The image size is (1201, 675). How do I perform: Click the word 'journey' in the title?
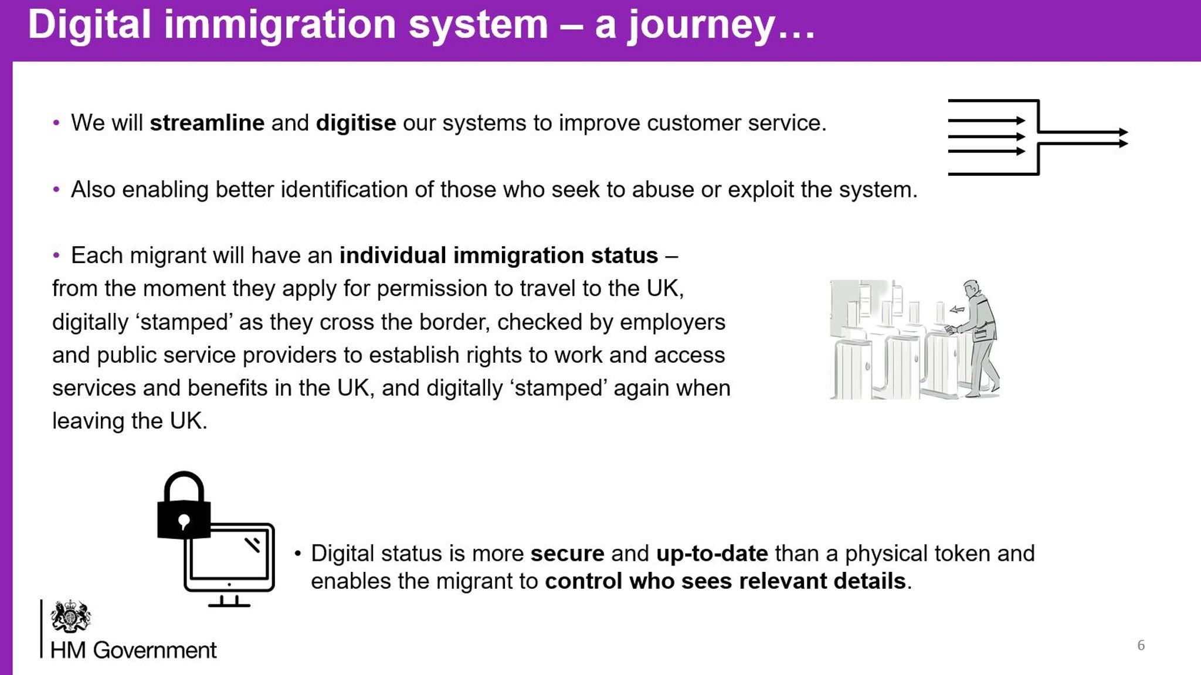701,26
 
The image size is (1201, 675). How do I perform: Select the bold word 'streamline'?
207,123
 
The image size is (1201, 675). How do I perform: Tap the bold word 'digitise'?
356,123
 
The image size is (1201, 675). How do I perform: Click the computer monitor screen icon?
230,557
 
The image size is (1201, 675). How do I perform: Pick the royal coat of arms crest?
70,616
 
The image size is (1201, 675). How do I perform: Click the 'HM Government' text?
133,650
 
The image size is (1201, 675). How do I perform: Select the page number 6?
1141,645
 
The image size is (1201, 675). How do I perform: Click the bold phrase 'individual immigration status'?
498,255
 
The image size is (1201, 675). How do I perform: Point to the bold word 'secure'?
567,554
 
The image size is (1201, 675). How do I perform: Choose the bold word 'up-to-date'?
712,554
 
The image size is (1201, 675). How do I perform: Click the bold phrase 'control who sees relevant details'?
725,581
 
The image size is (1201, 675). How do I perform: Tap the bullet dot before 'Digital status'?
298,553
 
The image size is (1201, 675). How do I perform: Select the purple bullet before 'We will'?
56,123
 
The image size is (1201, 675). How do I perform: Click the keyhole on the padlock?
184,521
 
